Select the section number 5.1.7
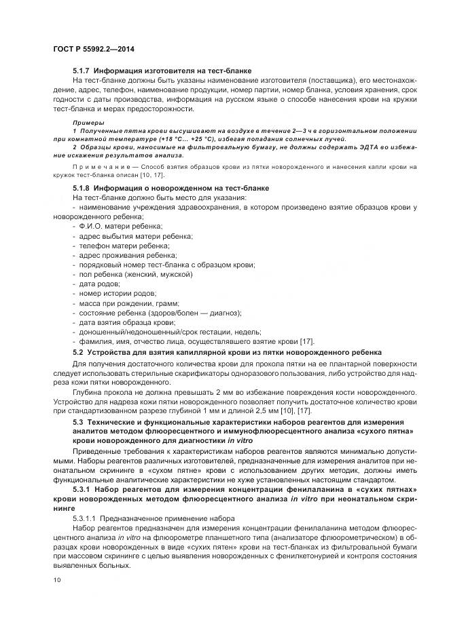tap(82, 71)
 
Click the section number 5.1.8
tap(82, 187)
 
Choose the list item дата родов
tap(98, 283)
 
